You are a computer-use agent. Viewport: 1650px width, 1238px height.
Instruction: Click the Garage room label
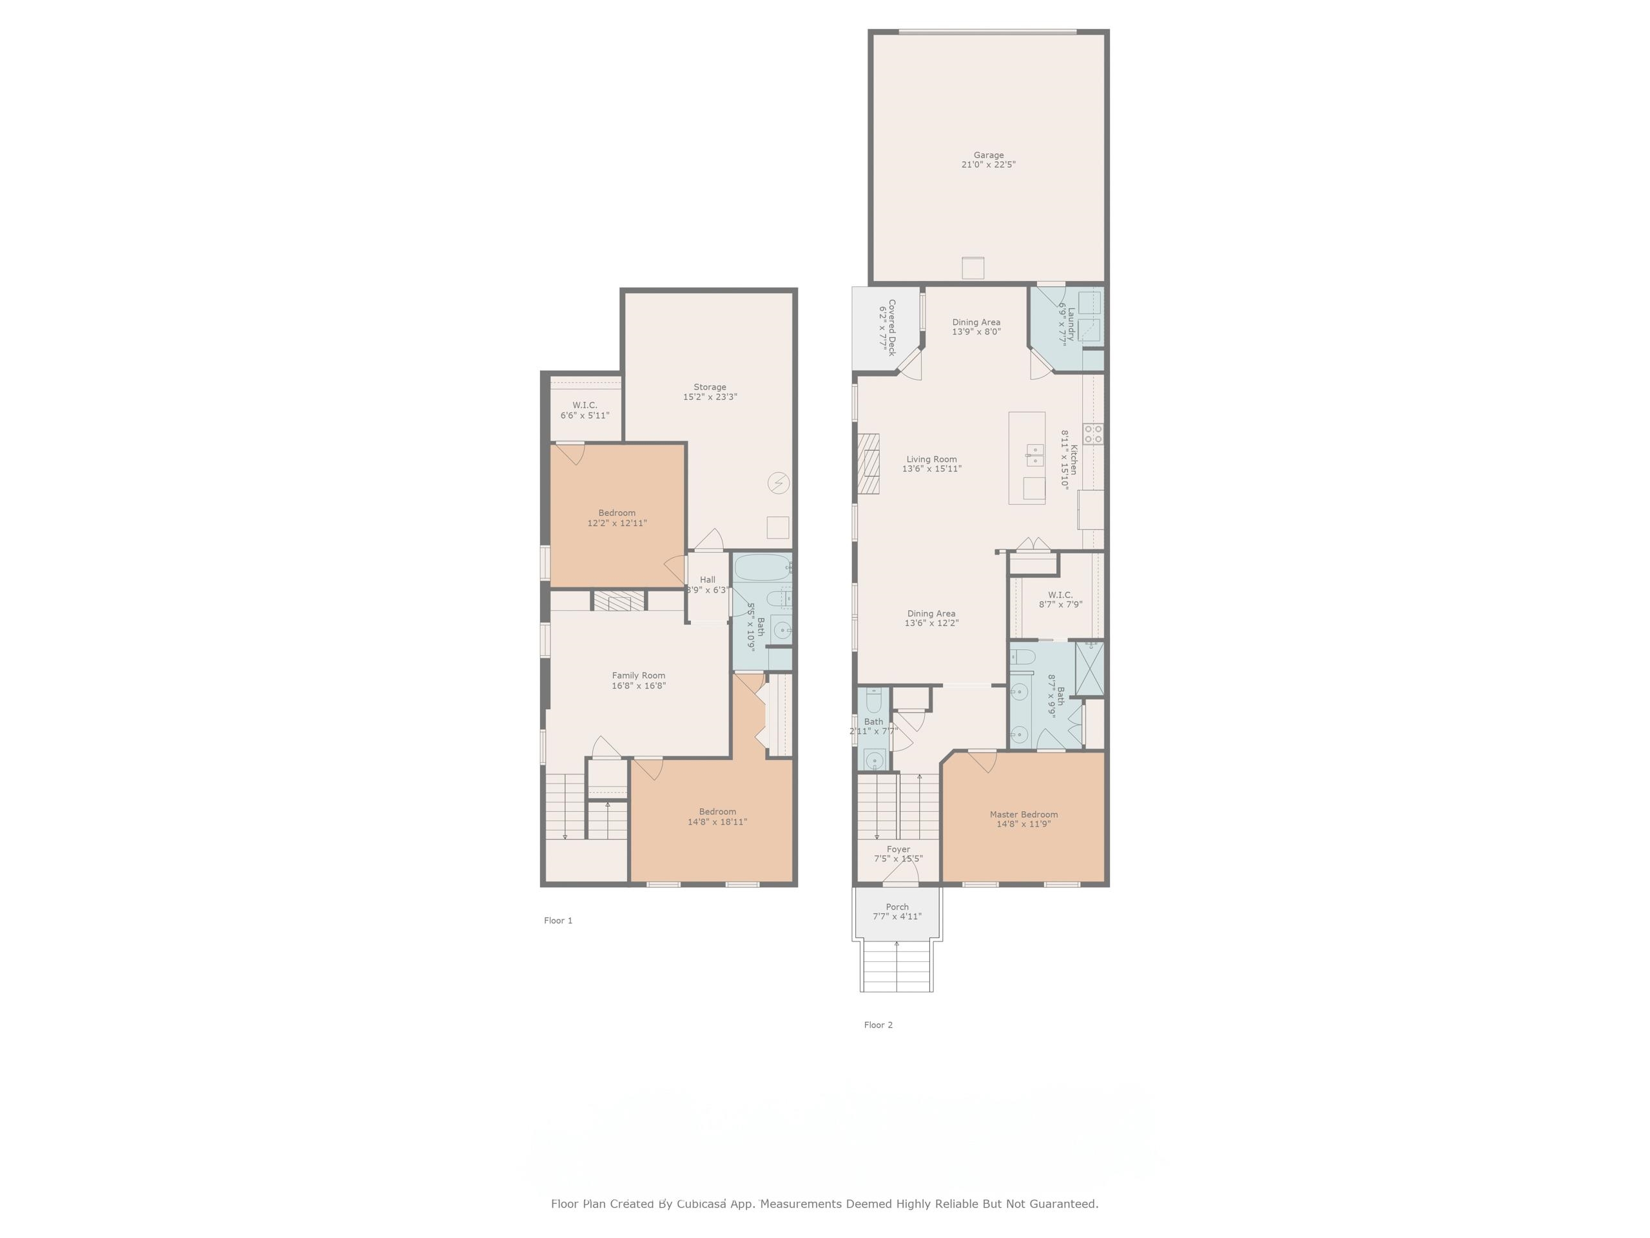[987, 155]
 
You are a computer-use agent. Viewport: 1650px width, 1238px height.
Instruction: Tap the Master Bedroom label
[1024, 814]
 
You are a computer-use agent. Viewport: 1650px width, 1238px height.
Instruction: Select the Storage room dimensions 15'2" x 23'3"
[710, 397]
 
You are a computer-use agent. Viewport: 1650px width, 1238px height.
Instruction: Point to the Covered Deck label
[891, 328]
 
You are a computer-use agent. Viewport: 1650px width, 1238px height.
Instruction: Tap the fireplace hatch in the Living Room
[868, 464]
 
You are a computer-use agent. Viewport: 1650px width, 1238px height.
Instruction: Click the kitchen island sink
[1034, 455]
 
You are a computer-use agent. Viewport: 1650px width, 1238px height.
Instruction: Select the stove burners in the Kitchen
[1094, 433]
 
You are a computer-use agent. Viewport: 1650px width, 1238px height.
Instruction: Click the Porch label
[897, 907]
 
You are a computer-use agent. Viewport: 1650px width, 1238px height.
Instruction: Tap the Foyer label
[898, 849]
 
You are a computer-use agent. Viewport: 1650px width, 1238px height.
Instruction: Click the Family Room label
[639, 675]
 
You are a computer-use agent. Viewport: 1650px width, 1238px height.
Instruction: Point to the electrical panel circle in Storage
[778, 483]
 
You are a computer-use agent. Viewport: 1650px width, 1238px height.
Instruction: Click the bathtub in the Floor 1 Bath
[762, 568]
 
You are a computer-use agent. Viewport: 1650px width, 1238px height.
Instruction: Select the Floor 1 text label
[558, 920]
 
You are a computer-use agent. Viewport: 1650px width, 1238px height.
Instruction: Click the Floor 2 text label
[878, 1025]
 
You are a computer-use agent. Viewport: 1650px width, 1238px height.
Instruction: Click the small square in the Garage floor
[973, 268]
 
